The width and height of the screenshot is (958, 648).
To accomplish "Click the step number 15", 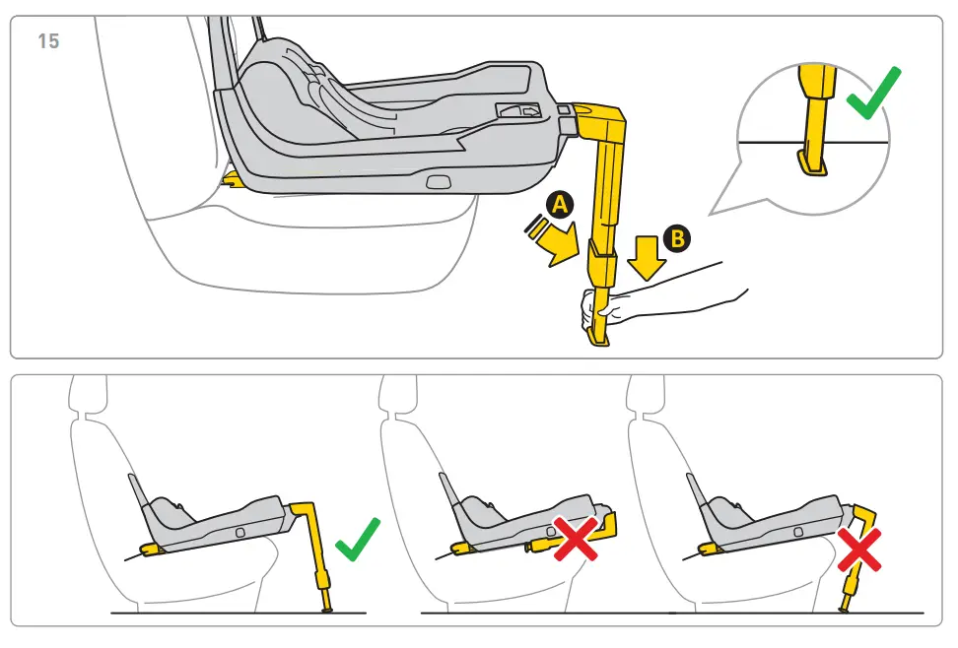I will click(x=47, y=41).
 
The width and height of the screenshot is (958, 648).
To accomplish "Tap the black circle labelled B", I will click(x=677, y=237).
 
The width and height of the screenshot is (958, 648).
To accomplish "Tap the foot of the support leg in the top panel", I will click(x=599, y=338).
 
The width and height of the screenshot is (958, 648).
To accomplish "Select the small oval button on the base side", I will click(x=437, y=181).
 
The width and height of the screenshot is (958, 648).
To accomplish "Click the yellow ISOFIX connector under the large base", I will click(x=234, y=179).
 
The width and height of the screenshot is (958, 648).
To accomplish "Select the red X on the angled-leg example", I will click(x=859, y=551).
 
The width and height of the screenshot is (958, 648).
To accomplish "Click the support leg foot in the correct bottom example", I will click(x=325, y=608).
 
